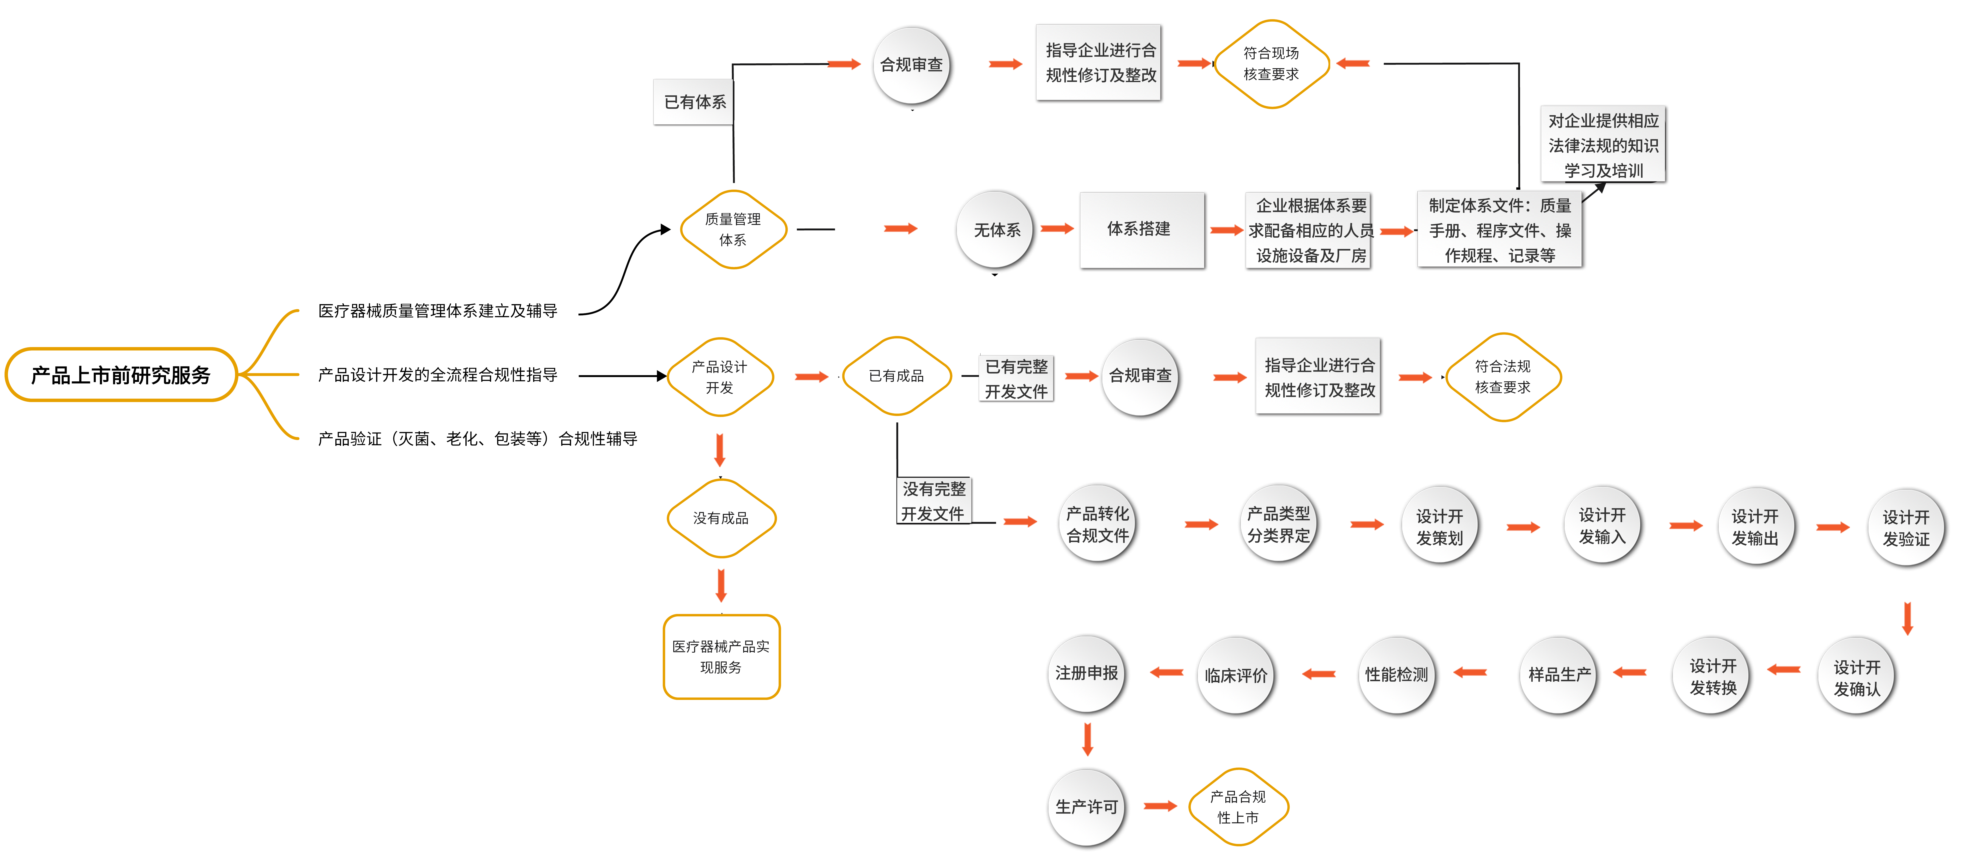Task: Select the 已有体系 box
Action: click(693, 102)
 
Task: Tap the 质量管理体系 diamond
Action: click(733, 229)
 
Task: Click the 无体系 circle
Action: click(996, 230)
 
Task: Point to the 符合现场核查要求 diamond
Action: click(1270, 64)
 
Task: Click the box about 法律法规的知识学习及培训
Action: click(1603, 145)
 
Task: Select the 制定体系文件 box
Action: click(1500, 230)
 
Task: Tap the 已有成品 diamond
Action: click(896, 376)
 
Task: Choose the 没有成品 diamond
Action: click(720, 518)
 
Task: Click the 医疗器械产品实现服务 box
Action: click(721, 657)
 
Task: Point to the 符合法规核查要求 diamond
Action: click(1502, 376)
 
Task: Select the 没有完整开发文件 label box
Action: click(933, 501)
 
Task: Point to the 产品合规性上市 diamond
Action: click(1238, 807)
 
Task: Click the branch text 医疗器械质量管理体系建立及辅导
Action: click(438, 310)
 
